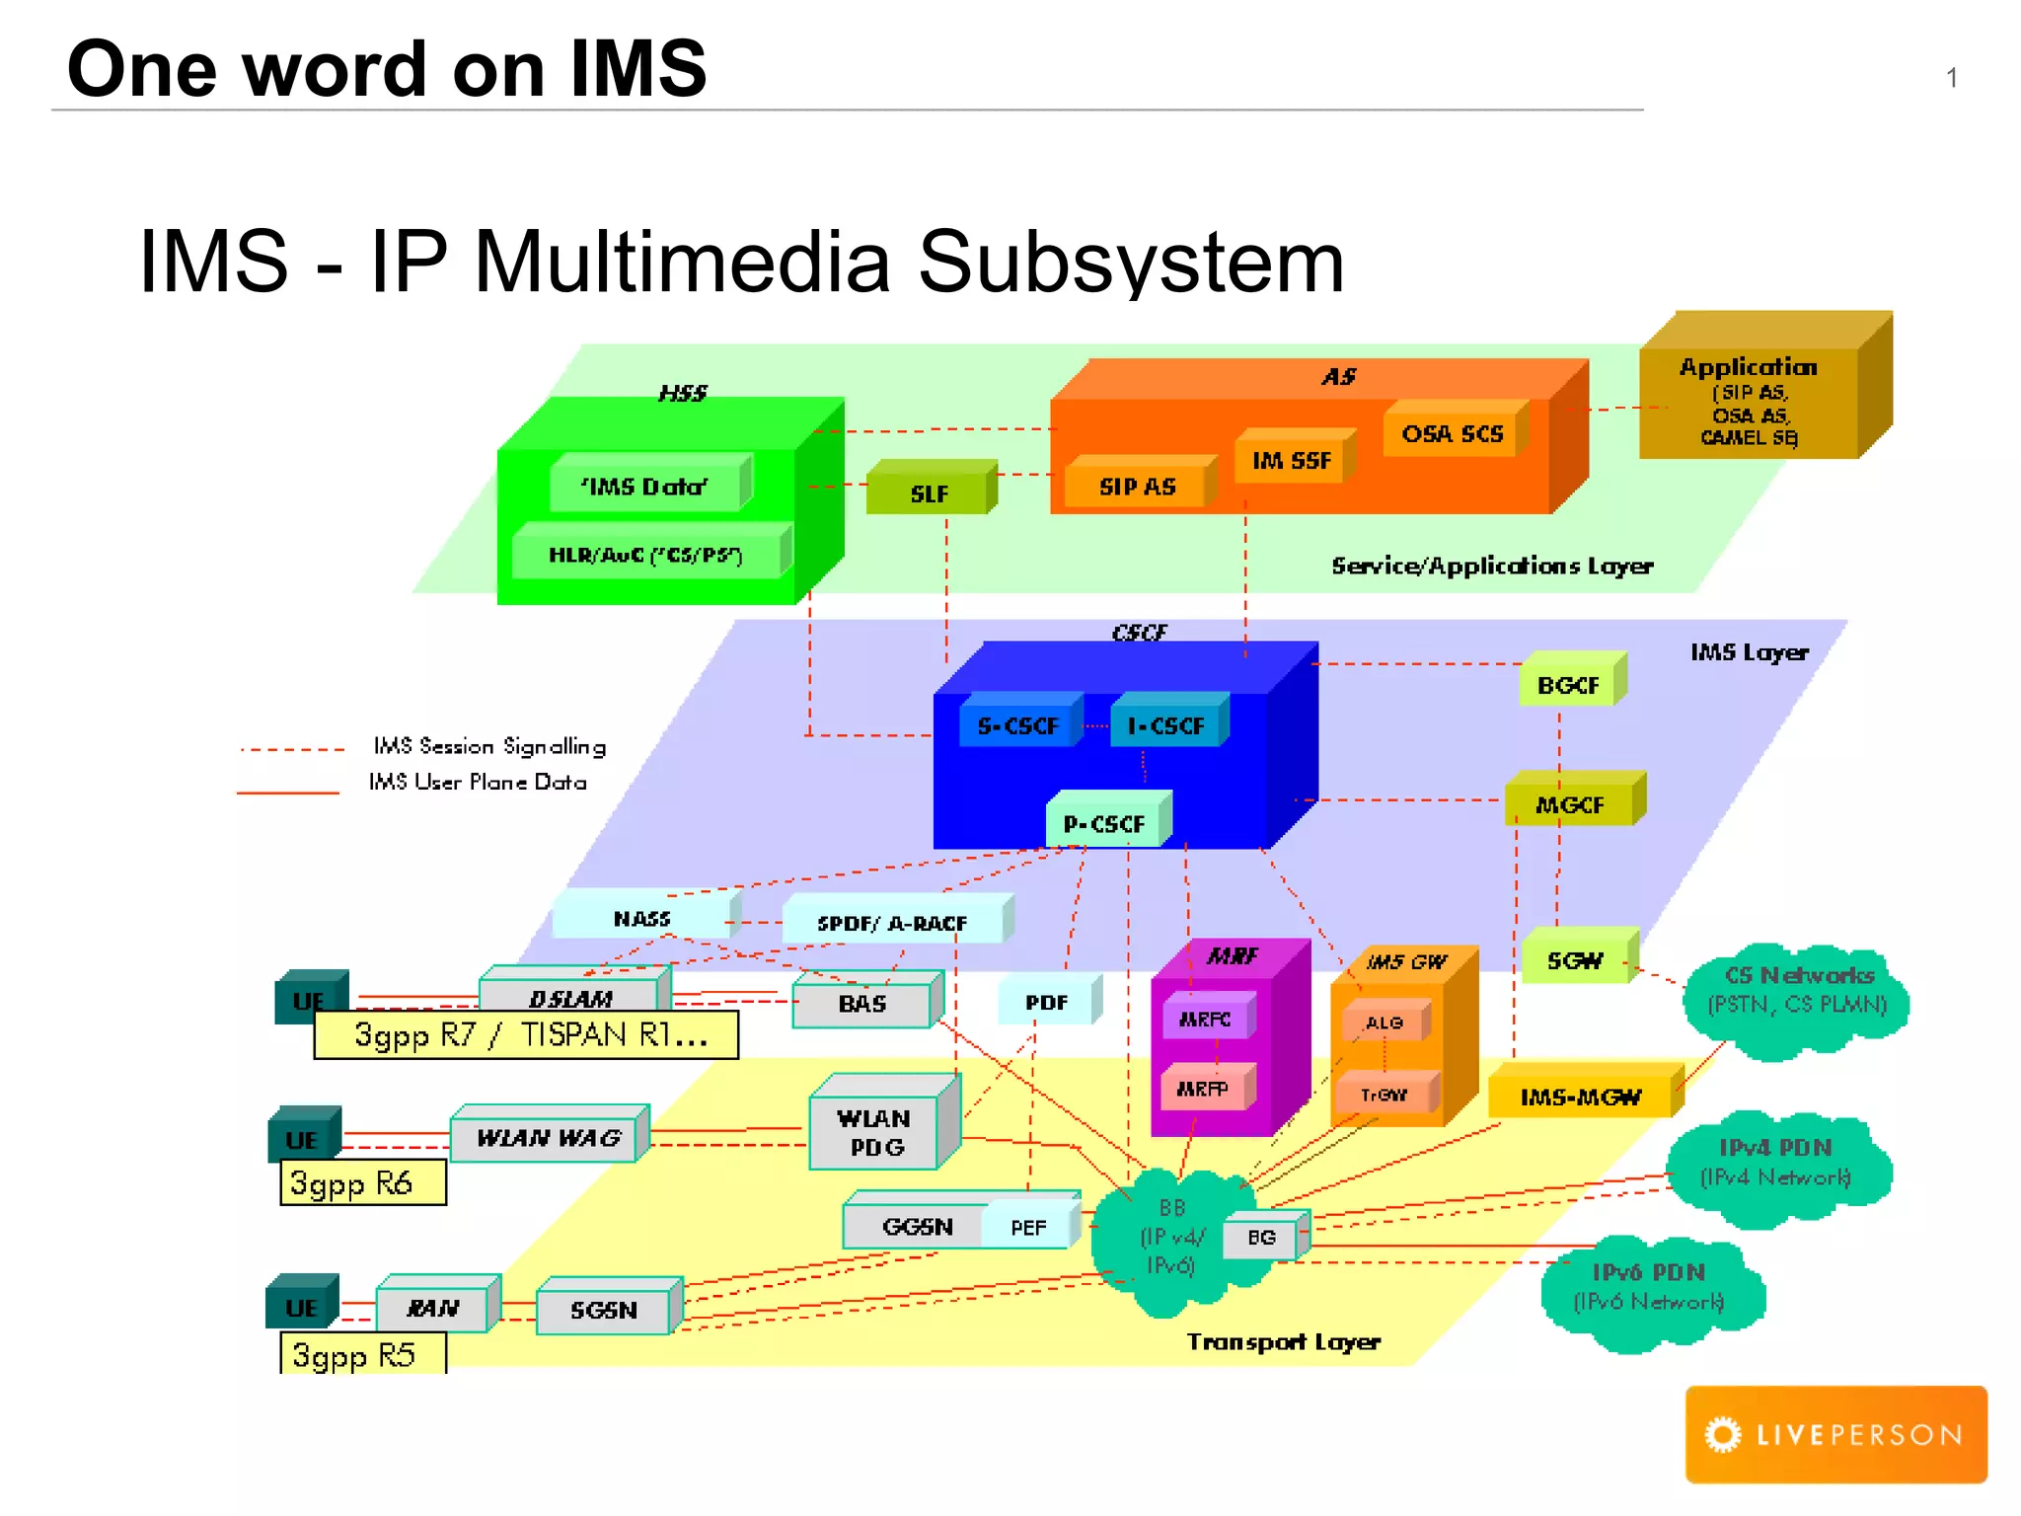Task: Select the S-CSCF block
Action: click(1018, 725)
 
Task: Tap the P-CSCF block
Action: click(1105, 822)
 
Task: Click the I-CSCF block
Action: click(1166, 725)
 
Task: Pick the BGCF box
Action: click(1569, 684)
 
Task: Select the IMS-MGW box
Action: click(1580, 1096)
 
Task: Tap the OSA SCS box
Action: click(1453, 433)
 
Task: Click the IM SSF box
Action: click(1292, 460)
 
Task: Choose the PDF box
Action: click(1046, 1002)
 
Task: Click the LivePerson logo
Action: click(1835, 1434)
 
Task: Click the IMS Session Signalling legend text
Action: click(489, 746)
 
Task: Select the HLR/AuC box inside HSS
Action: click(646, 555)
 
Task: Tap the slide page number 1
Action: click(1951, 79)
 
